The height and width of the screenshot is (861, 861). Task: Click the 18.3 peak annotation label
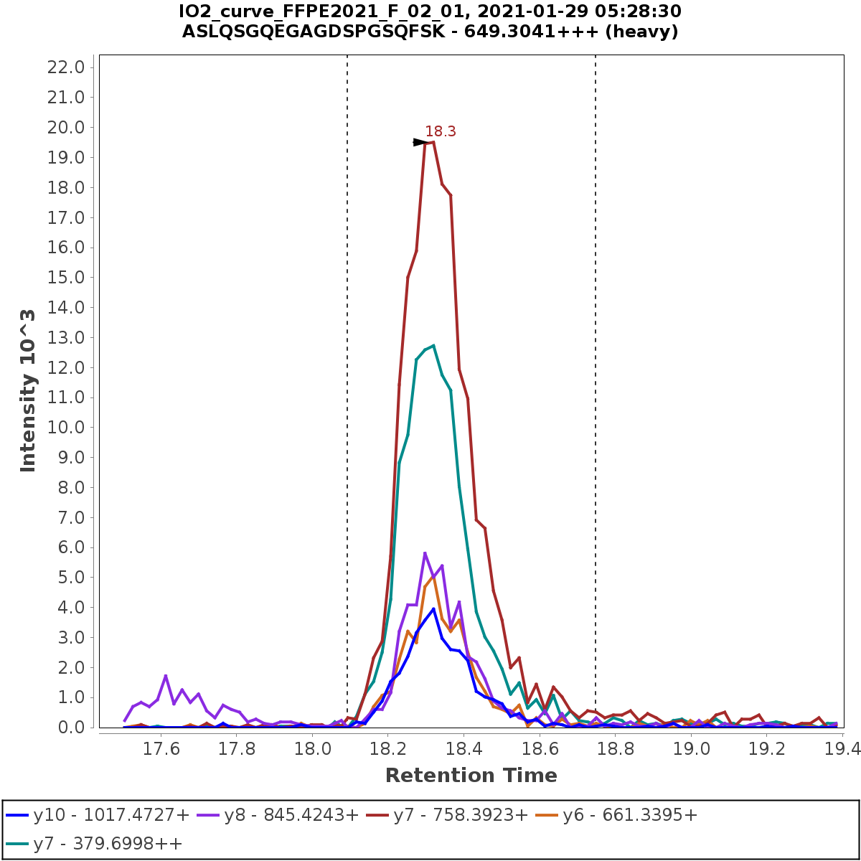(440, 131)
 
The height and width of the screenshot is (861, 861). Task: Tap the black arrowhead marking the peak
(420, 142)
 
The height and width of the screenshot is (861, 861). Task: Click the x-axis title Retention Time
(471, 776)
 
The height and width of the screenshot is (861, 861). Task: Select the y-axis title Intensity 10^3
(28, 391)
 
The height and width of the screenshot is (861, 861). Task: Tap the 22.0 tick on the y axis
(66, 67)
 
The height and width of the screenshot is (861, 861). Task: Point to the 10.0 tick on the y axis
(66, 428)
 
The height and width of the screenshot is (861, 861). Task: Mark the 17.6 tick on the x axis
(161, 750)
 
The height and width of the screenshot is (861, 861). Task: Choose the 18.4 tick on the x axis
(464, 750)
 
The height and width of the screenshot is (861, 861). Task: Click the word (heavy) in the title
(640, 32)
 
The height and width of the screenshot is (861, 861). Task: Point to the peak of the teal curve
(433, 346)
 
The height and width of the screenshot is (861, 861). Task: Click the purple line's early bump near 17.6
(166, 676)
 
